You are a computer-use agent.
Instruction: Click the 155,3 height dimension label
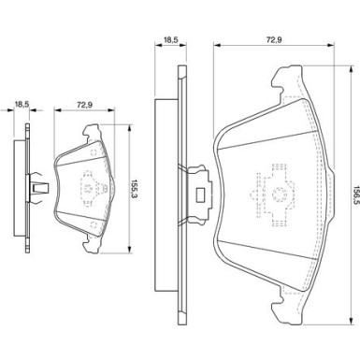click(134, 189)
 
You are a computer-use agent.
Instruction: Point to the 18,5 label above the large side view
click(171, 39)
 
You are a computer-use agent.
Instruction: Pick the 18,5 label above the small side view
click(22, 105)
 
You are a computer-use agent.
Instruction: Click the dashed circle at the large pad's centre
click(279, 194)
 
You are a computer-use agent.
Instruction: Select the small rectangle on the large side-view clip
click(200, 195)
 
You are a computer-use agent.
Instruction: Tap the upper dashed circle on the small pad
click(94, 153)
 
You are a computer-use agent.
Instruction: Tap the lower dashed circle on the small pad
click(94, 224)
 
